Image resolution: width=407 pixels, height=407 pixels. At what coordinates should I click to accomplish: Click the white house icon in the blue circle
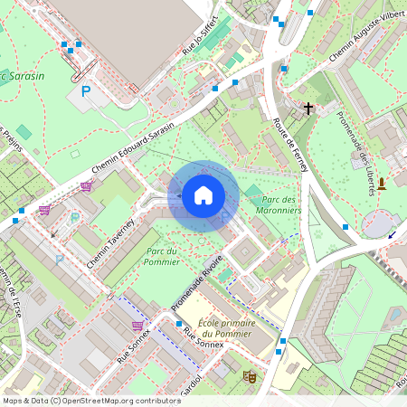(x=203, y=194)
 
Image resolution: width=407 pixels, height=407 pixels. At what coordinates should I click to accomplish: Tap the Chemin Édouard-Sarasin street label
(x=132, y=149)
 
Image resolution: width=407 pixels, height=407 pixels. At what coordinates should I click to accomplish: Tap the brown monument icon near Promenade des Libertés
(x=382, y=184)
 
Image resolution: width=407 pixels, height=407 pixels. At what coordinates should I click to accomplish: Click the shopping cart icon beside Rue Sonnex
(x=137, y=326)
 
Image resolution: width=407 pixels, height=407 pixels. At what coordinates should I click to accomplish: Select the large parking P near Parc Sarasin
(x=86, y=91)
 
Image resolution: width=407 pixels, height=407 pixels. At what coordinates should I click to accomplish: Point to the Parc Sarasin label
(x=22, y=76)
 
